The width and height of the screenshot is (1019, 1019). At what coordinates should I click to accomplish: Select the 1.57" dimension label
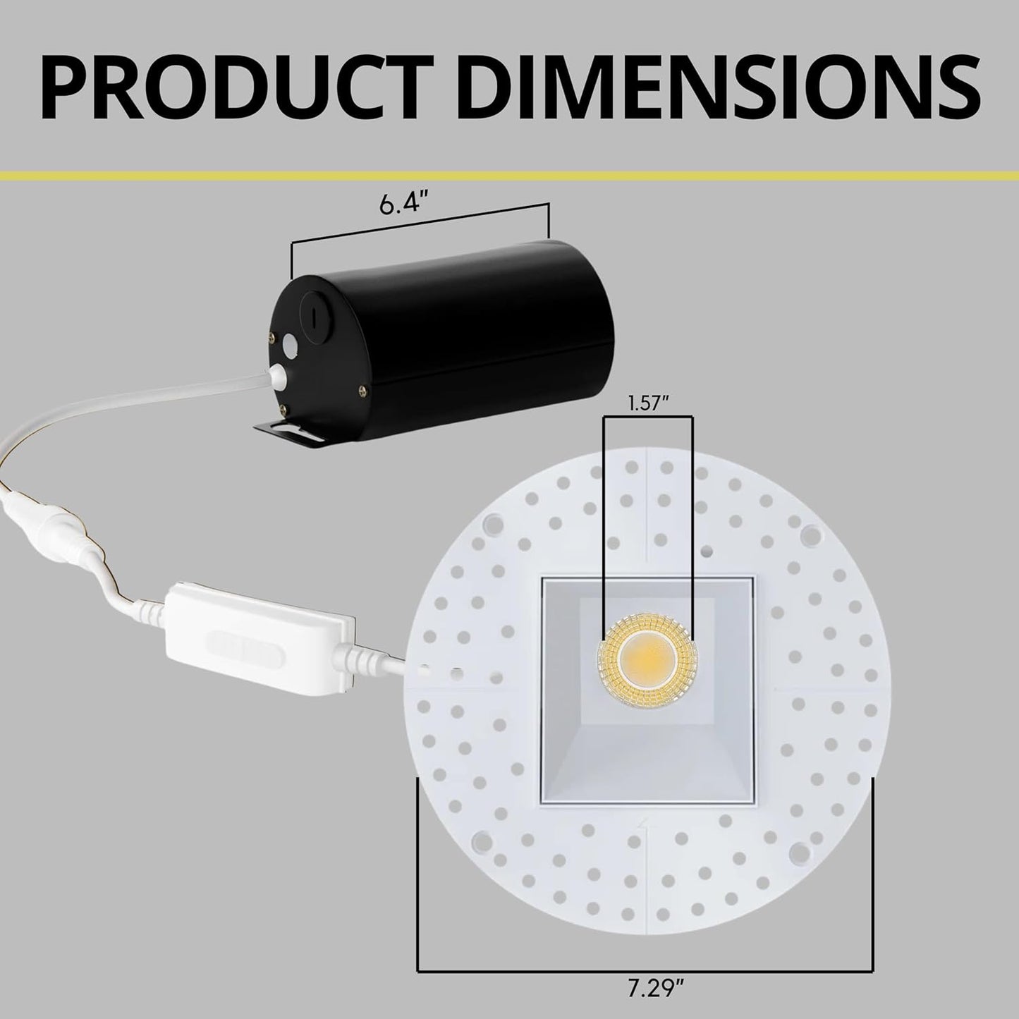click(x=647, y=403)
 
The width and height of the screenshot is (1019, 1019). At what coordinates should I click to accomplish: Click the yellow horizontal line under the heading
click(x=509, y=174)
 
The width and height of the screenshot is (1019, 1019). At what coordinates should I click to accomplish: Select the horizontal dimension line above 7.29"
click(x=646, y=970)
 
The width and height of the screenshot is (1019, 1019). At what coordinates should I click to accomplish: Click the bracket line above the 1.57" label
click(x=647, y=416)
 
